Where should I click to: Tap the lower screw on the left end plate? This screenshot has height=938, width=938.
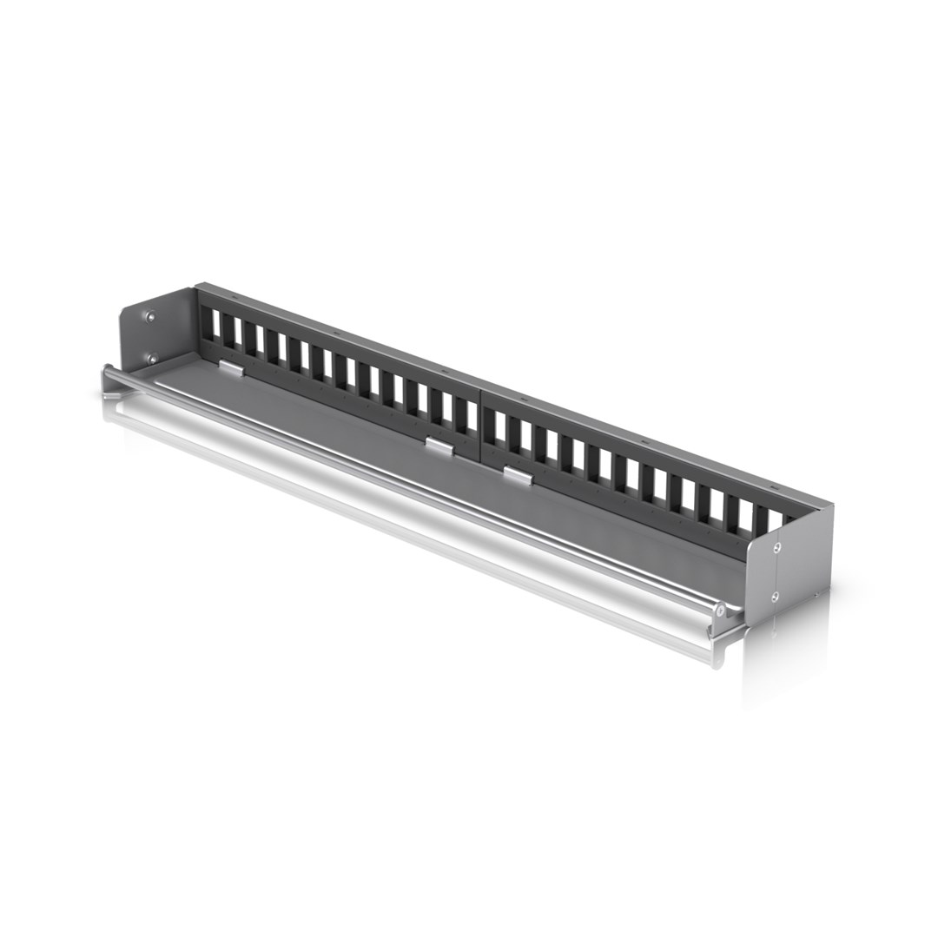151,358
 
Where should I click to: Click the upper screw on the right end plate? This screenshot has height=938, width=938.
776,547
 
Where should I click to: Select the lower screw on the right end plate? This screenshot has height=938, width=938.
776,597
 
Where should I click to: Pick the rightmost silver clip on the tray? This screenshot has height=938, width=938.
518,475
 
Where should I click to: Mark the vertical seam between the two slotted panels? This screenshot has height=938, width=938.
480,426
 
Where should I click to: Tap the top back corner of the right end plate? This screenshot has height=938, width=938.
831,507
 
